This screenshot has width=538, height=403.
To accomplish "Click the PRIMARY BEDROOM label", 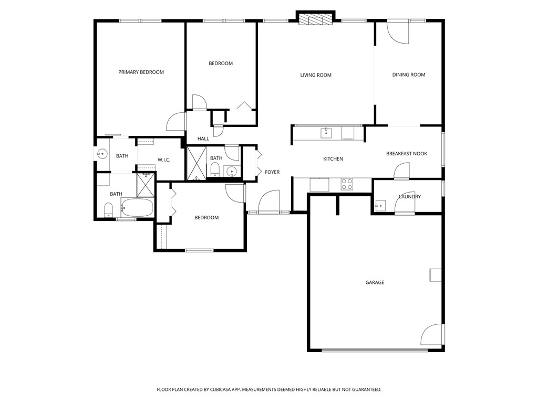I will pyautogui.click(x=141, y=72).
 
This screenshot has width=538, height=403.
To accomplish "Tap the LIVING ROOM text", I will pyautogui.click(x=316, y=75).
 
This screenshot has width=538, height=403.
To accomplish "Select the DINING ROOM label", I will pyautogui.click(x=409, y=75).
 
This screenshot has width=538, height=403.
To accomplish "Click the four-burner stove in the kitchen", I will pyautogui.click(x=347, y=184).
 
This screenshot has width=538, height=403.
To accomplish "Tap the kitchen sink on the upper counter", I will pyautogui.click(x=326, y=132).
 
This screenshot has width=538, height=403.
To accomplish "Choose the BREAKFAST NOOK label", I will pyautogui.click(x=407, y=154).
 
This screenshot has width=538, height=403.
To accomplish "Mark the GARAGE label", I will pyautogui.click(x=375, y=282).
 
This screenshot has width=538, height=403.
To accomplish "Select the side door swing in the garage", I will pyautogui.click(x=432, y=334).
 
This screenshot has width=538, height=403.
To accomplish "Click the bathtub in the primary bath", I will pyautogui.click(x=137, y=208).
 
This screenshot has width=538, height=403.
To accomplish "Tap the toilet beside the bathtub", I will pyautogui.click(x=108, y=210).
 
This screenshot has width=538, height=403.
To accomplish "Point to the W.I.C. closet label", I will pyautogui.click(x=164, y=160).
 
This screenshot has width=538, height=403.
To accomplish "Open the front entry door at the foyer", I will pyautogui.click(x=268, y=201).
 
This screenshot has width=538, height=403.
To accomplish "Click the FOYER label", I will pyautogui.click(x=272, y=172).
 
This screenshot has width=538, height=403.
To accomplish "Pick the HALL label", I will pyautogui.click(x=203, y=139).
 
